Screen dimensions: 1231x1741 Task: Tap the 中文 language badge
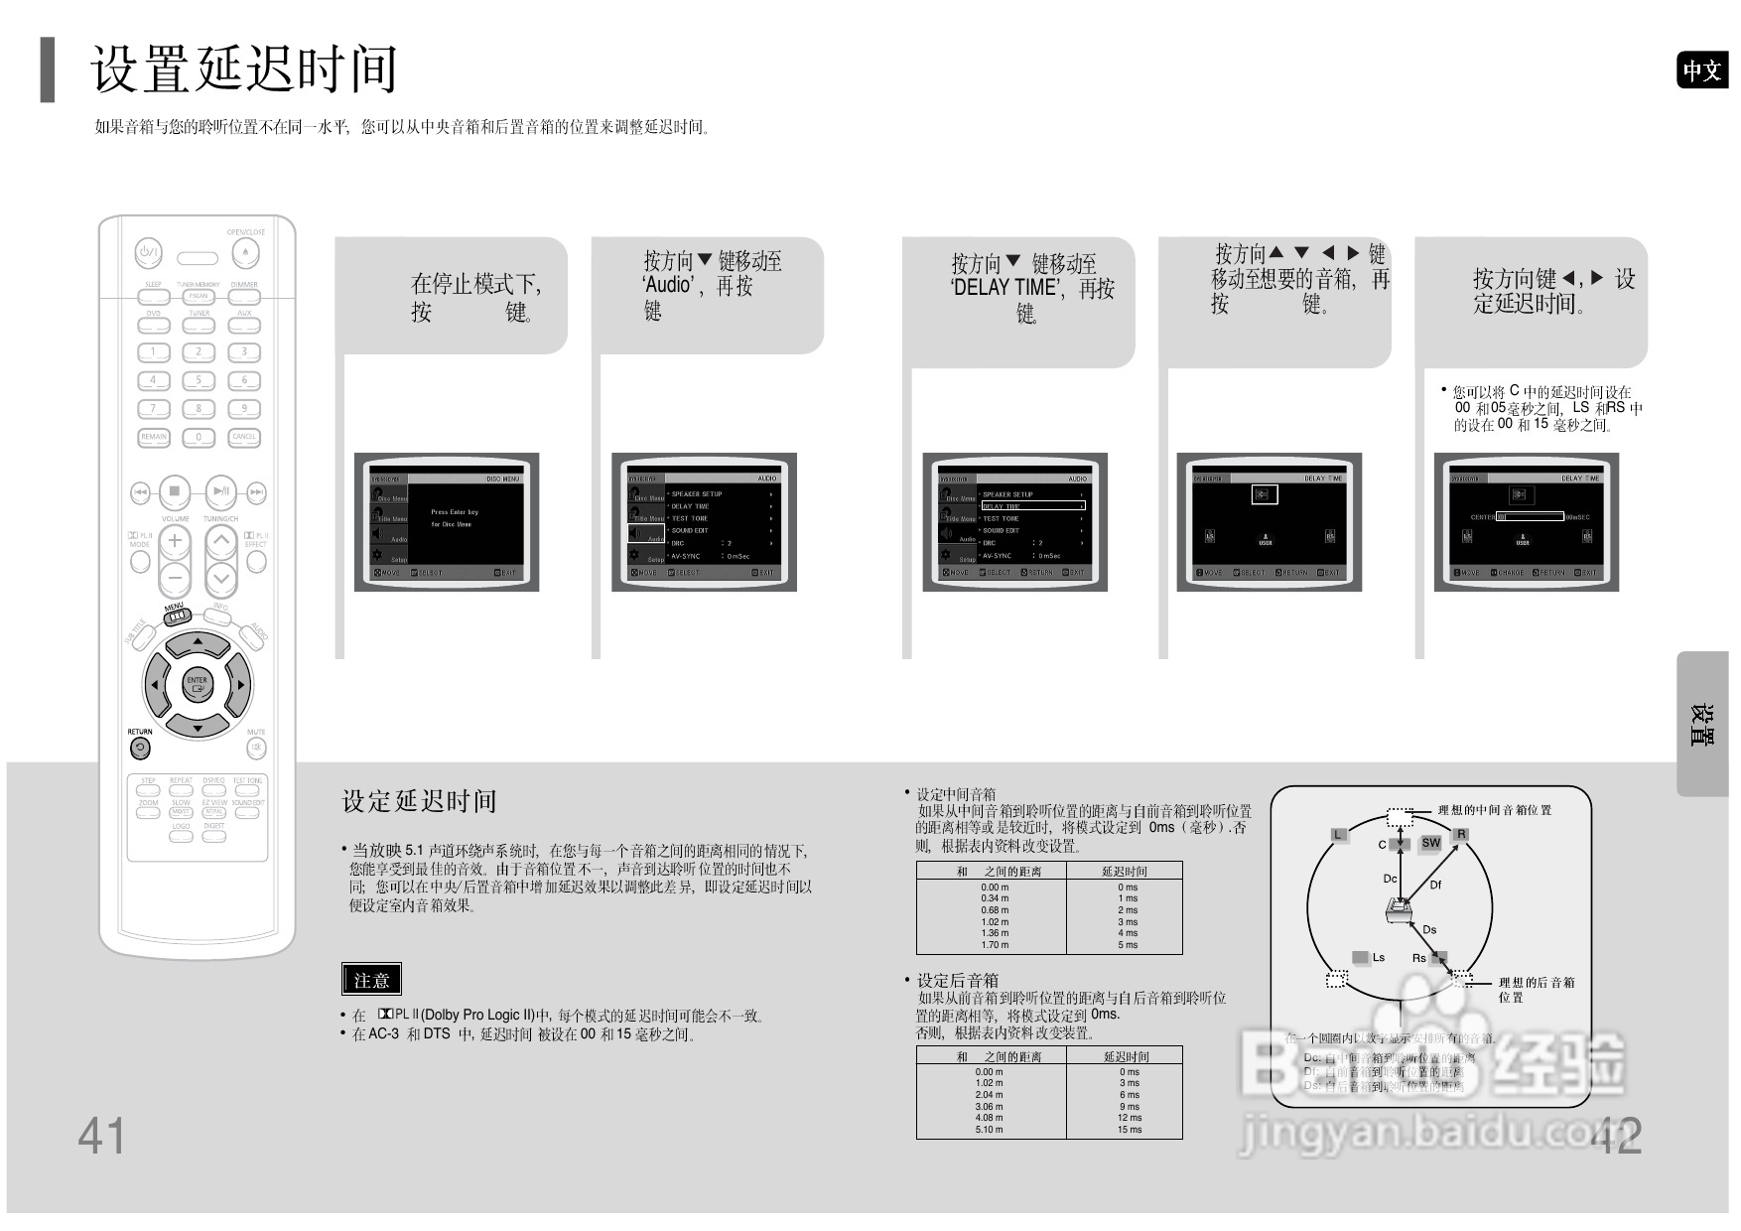pos(1701,70)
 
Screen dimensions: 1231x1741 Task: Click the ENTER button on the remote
pos(198,684)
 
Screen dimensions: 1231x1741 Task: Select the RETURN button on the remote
pos(140,748)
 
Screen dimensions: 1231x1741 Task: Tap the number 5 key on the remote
pos(199,380)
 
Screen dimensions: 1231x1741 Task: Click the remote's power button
pos(149,253)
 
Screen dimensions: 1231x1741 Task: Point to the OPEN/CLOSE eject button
pos(245,253)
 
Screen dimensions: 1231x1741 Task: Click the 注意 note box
pos(371,980)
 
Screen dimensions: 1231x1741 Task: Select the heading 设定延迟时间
pos(419,801)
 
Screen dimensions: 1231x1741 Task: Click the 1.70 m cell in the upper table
pos(995,945)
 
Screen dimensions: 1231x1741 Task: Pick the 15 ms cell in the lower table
pos(1129,1130)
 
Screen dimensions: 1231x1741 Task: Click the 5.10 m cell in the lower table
pos(989,1130)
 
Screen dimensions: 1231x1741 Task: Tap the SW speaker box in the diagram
pos(1430,843)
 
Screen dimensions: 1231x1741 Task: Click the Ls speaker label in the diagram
pos(1378,958)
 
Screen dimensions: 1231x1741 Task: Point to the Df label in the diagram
pos(1435,885)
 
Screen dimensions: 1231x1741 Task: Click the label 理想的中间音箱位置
pos(1495,810)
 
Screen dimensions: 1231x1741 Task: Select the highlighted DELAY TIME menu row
pos(1032,506)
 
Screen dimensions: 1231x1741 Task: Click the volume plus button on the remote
pos(175,540)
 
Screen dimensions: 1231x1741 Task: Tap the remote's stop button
pos(175,491)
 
